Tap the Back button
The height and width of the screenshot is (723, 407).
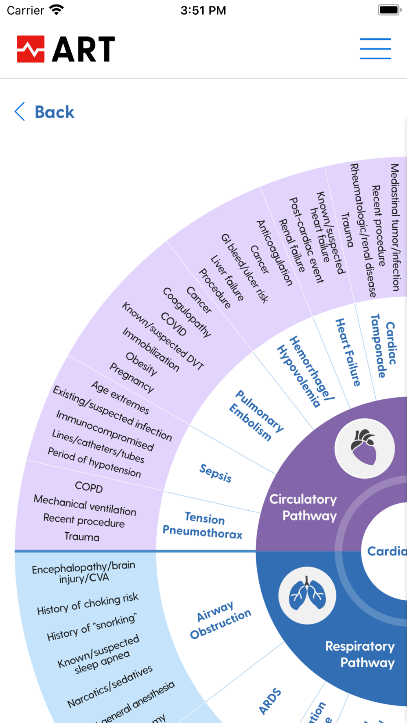tap(45, 112)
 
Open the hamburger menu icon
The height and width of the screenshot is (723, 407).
tap(375, 49)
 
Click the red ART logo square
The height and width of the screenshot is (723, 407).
tap(31, 49)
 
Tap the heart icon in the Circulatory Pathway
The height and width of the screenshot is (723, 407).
tap(364, 448)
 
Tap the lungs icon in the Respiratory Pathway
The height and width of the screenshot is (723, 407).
tap(307, 596)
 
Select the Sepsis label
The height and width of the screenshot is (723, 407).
tap(215, 473)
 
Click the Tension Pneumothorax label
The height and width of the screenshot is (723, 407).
tap(203, 525)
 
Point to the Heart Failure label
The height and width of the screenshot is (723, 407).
tap(348, 352)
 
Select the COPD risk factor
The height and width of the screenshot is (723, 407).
tap(89, 487)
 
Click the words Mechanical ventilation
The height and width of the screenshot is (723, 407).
tap(85, 505)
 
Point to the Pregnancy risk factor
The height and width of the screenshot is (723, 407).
tap(132, 378)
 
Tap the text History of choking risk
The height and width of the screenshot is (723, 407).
tap(88, 604)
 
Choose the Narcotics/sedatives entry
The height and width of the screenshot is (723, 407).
tap(110, 686)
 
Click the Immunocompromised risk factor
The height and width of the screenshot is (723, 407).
tap(105, 431)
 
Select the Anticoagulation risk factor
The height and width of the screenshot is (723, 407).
tap(274, 253)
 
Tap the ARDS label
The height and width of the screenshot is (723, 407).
tap(269, 701)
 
